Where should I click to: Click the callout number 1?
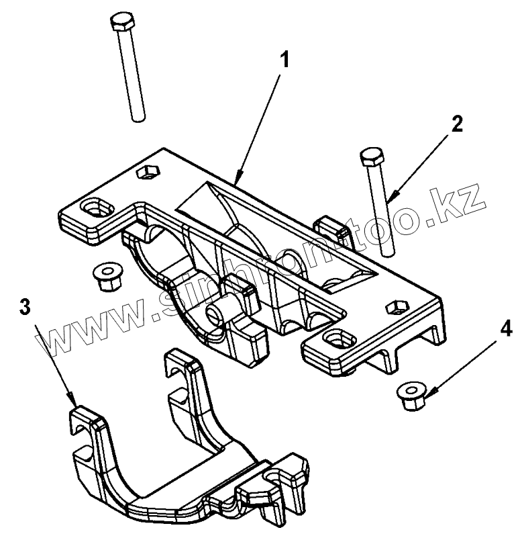[285, 60]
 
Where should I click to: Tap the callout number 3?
[24, 308]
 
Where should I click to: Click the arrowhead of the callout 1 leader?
[236, 181]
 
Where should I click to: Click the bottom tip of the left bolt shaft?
[138, 120]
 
